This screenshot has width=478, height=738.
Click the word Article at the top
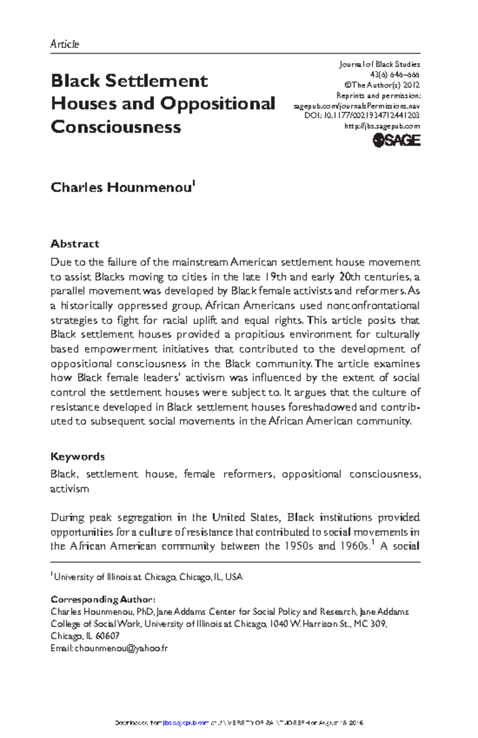pos(65,44)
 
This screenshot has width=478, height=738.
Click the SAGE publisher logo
pos(396,140)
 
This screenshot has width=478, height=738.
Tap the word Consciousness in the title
pos(116,127)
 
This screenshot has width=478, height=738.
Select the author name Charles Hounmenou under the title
pos(121,187)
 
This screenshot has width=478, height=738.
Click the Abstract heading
pos(74,244)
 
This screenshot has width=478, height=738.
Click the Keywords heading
pos(77,456)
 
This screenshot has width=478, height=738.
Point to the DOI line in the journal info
pos(362,116)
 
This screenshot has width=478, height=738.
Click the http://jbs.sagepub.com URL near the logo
pos(382,126)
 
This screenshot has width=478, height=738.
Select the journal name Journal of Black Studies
pos(379,64)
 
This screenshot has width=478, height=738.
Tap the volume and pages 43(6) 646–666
pos(394,74)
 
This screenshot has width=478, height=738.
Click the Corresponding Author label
pos(102,599)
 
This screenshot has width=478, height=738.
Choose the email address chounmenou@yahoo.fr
pos(121,648)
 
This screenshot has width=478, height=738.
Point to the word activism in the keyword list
pos(69,489)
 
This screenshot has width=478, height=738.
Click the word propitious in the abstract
pos(259,335)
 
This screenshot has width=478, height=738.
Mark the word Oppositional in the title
pos(217,104)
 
